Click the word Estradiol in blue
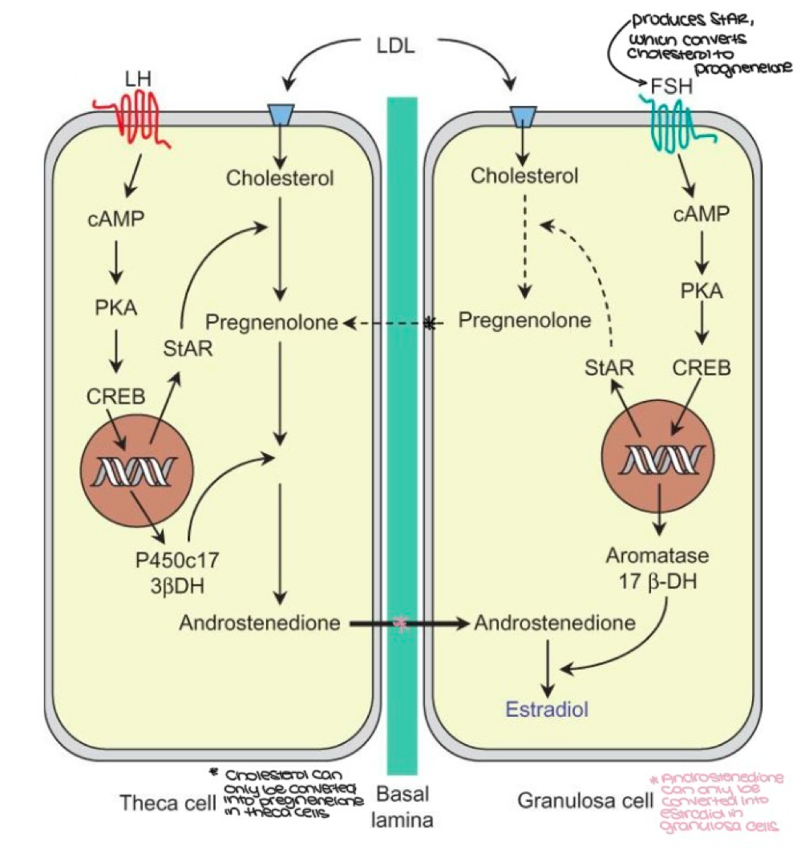(547, 709)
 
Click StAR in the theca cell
(183, 349)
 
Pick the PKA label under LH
(117, 306)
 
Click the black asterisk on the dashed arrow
(434, 323)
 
